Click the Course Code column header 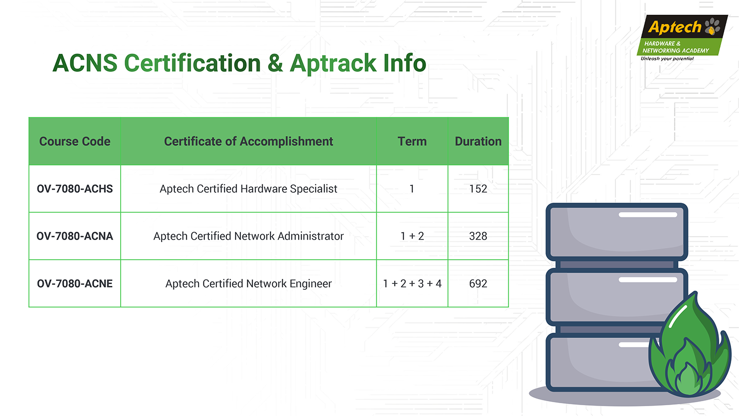(74, 141)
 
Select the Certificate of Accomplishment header (248, 141)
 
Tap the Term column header (412, 141)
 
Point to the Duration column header (478, 141)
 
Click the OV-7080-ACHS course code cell (74, 189)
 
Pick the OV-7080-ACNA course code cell (74, 236)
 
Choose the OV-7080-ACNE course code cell (74, 283)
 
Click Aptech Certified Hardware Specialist (248, 189)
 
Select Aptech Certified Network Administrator (248, 236)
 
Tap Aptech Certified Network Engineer (248, 283)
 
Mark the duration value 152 (478, 189)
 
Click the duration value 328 (478, 236)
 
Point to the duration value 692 (478, 283)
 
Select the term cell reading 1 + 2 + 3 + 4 (412, 283)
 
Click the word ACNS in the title (85, 63)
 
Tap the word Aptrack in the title (333, 63)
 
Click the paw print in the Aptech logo (712, 27)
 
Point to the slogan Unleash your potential (667, 59)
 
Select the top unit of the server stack (617, 232)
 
